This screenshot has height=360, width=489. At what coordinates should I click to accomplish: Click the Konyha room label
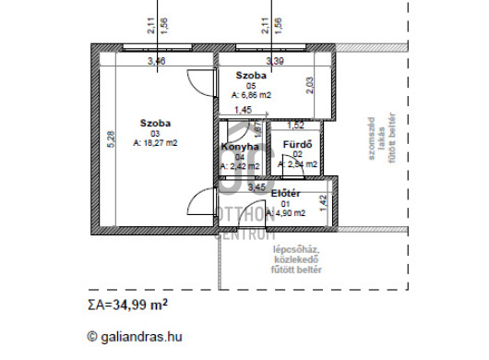click(x=240, y=146)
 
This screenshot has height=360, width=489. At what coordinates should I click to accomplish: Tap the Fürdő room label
click(x=297, y=145)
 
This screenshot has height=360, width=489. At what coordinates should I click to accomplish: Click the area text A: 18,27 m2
click(x=155, y=143)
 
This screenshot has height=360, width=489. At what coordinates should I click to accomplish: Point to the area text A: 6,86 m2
click(x=251, y=94)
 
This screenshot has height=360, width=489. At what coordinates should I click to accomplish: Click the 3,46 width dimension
click(x=157, y=61)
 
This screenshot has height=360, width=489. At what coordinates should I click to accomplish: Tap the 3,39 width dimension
click(x=275, y=61)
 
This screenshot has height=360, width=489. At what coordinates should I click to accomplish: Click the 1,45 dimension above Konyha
click(x=243, y=111)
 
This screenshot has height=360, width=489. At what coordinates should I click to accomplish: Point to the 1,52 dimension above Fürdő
click(x=295, y=125)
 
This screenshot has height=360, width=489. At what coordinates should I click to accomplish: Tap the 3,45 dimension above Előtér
click(x=257, y=186)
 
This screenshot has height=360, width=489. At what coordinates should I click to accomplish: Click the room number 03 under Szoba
click(x=155, y=133)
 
